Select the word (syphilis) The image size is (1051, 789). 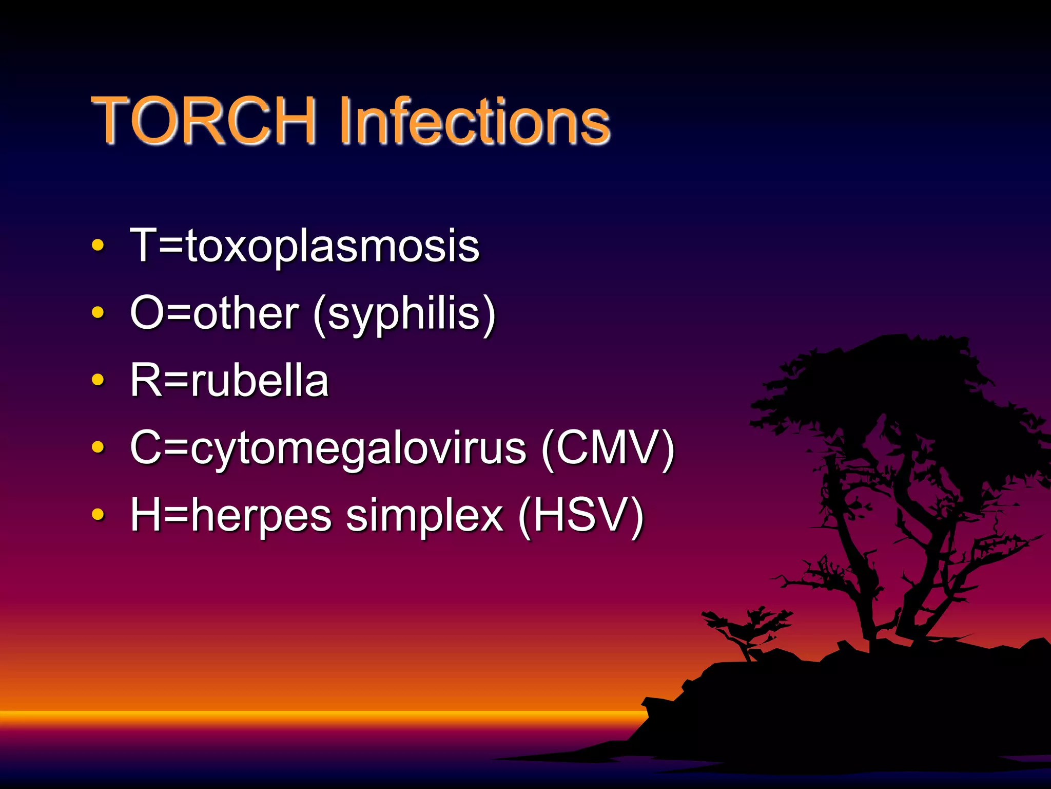pos(404,314)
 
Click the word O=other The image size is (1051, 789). pos(215,313)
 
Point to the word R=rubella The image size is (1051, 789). pos(229,381)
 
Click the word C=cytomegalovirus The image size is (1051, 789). pos(328,448)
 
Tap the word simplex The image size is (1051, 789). pos(424,515)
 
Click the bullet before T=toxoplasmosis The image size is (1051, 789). pos(98,246)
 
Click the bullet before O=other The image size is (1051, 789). pos(98,313)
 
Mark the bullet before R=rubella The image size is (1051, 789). pos(98,380)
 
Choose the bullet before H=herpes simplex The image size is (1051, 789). pos(98,514)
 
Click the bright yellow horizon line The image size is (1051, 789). pos(308,715)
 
